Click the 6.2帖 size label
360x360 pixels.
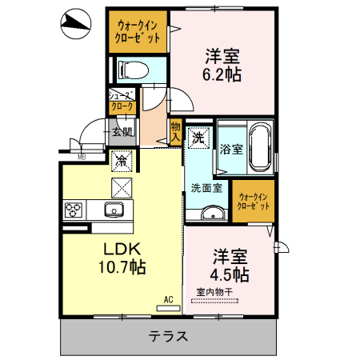click(222, 73)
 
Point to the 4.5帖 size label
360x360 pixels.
click(230, 274)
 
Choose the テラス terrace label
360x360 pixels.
click(169, 337)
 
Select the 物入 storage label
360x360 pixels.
click(176, 131)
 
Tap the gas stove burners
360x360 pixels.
click(74, 210)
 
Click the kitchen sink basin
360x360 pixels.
click(113, 210)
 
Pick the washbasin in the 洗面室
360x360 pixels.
click(212, 214)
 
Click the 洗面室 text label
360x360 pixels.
click(206, 188)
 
